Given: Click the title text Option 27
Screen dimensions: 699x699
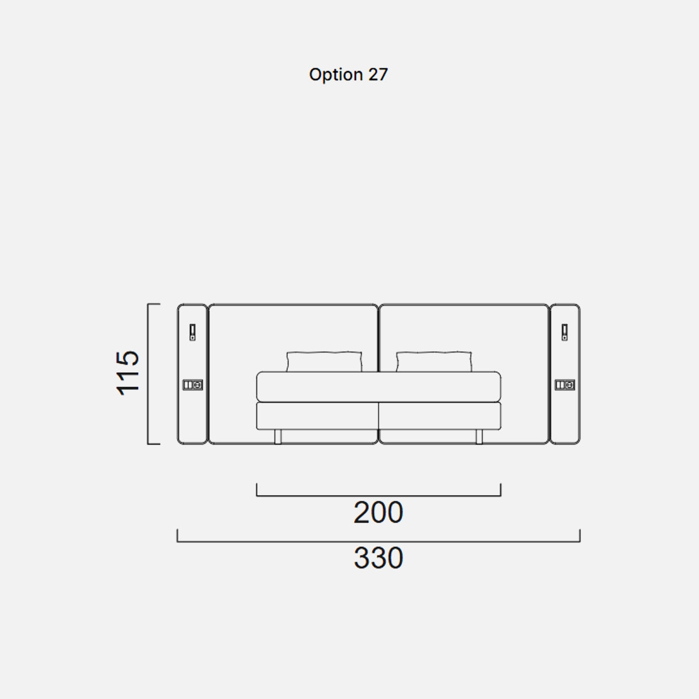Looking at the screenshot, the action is coord(348,75).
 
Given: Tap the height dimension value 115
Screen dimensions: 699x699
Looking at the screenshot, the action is coord(128,373).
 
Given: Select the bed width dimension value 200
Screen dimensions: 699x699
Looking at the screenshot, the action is coord(379,513).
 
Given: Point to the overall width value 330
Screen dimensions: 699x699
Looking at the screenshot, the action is coord(379,558).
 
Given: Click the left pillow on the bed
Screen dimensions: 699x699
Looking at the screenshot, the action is coord(324,362).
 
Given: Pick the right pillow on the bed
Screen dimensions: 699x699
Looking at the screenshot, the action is coord(434,362).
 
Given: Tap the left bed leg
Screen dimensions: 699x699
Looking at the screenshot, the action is coord(278,437).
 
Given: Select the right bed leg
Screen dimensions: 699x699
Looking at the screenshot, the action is coord(479,437).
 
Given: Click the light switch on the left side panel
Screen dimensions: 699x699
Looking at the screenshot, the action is coord(193,332).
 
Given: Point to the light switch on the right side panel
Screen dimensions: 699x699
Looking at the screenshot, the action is coord(565,332).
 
